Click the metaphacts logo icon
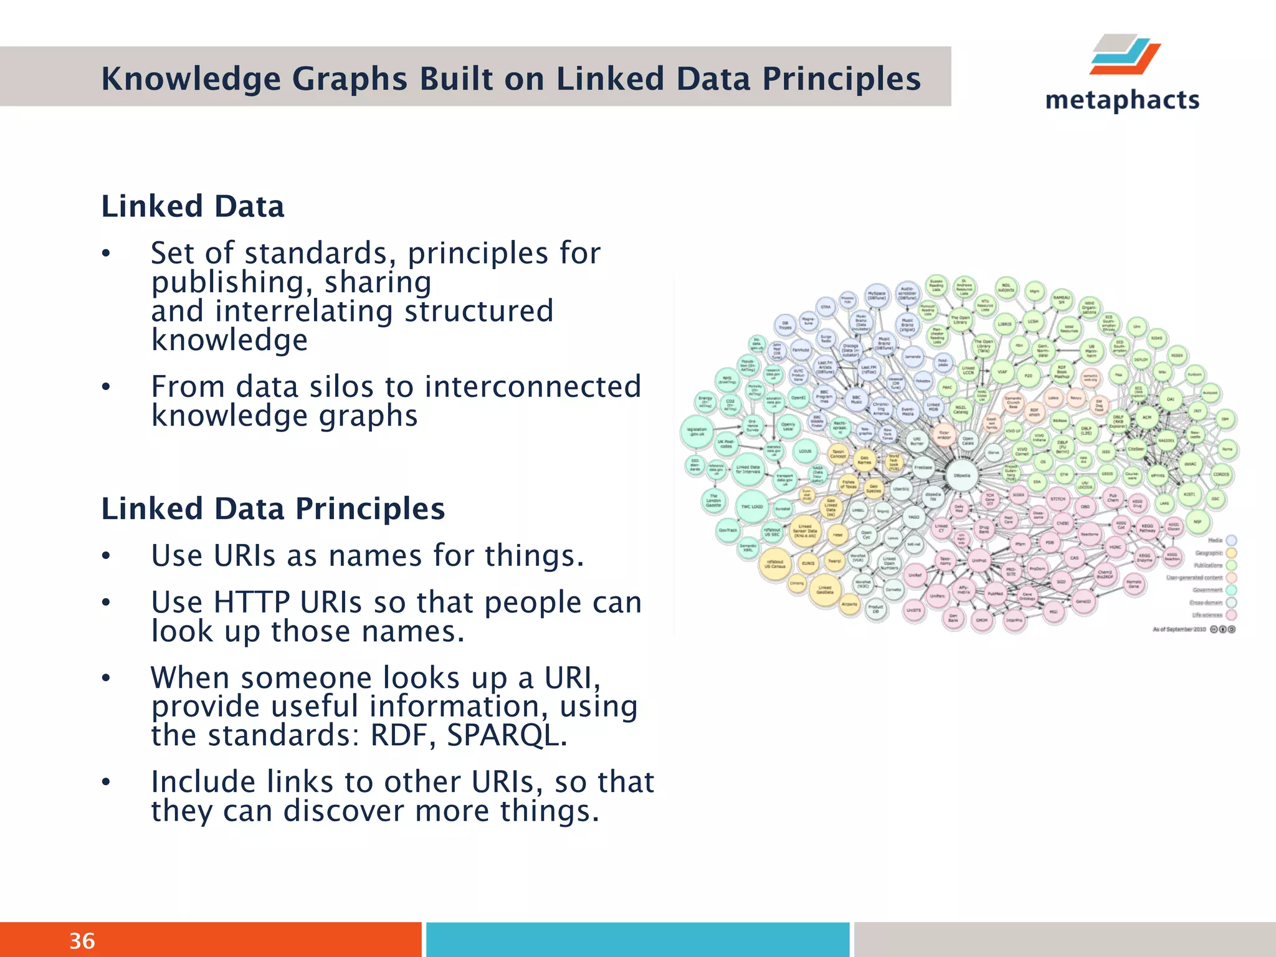pos(1125,55)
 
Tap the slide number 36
pos(82,941)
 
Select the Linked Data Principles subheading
pos(273,508)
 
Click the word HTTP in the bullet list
pos(251,602)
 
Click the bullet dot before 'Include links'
pos(107,783)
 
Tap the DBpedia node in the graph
pos(962,476)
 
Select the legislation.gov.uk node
pos(697,431)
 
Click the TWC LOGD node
pos(752,507)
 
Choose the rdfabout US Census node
pos(775,564)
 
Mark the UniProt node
pos(979,560)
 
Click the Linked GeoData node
pos(825,589)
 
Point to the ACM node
pos(1147,417)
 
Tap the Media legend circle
pos(1231,540)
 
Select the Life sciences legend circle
pos(1231,615)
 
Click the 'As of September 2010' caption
pos(1179,629)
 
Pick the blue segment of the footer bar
pos(637,940)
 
